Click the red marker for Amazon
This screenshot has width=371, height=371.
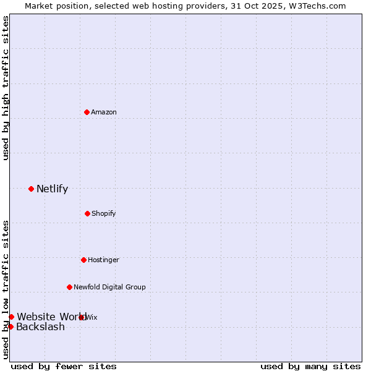click(x=87, y=112)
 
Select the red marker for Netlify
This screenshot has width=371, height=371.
click(x=31, y=189)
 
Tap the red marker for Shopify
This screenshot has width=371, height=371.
click(x=87, y=213)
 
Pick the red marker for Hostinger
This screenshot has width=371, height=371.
click(x=83, y=260)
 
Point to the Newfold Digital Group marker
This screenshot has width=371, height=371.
click(x=69, y=287)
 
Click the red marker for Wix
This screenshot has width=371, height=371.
click(x=82, y=317)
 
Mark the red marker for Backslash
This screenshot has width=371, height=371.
click(x=11, y=326)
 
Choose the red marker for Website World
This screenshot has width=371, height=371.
click(x=11, y=317)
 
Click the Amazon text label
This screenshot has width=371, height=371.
click(x=104, y=112)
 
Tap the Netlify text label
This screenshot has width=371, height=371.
click(x=52, y=189)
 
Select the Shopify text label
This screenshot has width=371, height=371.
click(x=104, y=213)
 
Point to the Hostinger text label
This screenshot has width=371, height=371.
click(x=103, y=260)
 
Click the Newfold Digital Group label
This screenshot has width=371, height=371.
click(x=109, y=287)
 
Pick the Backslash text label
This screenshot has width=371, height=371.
click(x=40, y=327)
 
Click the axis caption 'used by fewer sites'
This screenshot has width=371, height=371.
click(x=64, y=366)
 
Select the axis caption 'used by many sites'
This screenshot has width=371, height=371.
click(x=310, y=366)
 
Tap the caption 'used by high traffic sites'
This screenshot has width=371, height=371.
click(x=6, y=88)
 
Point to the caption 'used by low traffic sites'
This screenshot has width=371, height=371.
click(x=6, y=289)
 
